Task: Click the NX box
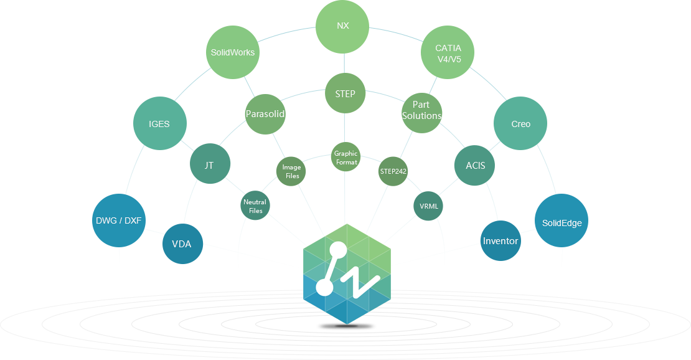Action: pyautogui.click(x=342, y=27)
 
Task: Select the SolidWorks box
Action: pyautogui.click(x=232, y=52)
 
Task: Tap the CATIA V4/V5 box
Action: pyautogui.click(x=447, y=52)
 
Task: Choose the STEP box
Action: pyautogui.click(x=345, y=93)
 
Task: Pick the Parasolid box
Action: pyautogui.click(x=265, y=114)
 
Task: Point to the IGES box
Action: pyautogui.click(x=159, y=123)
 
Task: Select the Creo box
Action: pyautogui.click(x=520, y=123)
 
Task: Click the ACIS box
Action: pyautogui.click(x=474, y=166)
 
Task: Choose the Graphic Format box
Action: pyautogui.click(x=345, y=157)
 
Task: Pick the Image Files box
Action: pyautogui.click(x=291, y=171)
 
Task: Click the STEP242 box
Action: pyautogui.click(x=393, y=171)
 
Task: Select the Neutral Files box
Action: pyautogui.click(x=255, y=206)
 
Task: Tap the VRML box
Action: pyautogui.click(x=428, y=206)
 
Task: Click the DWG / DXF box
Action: pyautogui.click(x=118, y=220)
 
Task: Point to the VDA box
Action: pyautogui.click(x=182, y=244)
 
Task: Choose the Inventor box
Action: pyautogui.click(x=501, y=240)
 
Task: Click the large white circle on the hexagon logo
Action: pyautogui.click(x=324, y=287)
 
